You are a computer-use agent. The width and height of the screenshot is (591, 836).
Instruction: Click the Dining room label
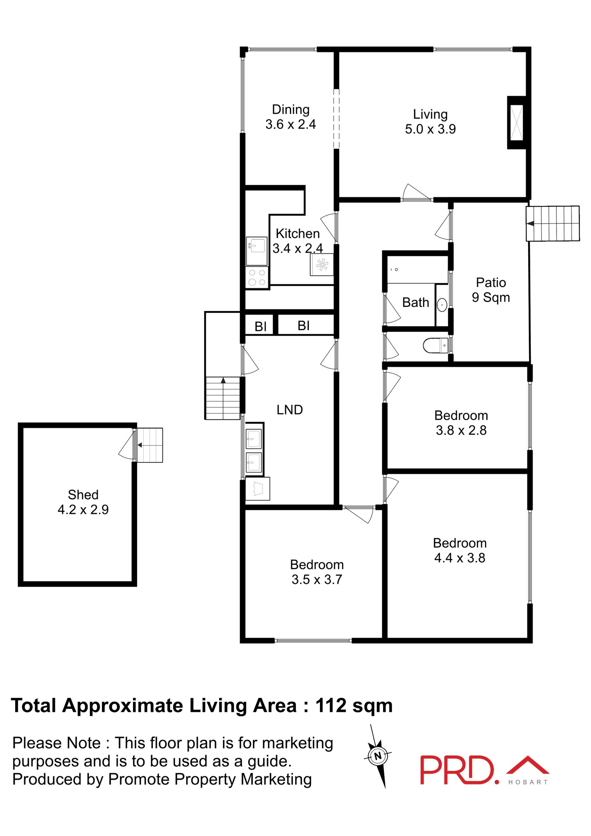point(290,109)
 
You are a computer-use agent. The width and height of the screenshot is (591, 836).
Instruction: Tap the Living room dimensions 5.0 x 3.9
point(430,129)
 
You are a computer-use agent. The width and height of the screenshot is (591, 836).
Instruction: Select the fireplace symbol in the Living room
point(516,123)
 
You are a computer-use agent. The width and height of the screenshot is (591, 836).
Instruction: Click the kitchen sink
point(256,251)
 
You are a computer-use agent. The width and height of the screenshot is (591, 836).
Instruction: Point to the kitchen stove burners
point(257,277)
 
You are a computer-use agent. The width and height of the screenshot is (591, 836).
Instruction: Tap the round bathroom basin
point(442,305)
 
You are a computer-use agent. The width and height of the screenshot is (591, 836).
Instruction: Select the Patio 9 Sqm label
point(491,290)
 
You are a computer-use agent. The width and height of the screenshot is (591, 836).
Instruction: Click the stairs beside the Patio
point(553,223)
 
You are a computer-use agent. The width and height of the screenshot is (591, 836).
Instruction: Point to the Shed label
point(83,495)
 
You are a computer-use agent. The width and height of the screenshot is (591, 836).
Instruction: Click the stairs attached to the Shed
point(149,445)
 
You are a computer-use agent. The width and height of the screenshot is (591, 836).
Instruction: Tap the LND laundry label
point(290,410)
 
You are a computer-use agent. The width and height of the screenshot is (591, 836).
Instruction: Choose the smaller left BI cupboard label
point(260,327)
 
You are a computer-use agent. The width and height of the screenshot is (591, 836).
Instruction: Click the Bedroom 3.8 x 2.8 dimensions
point(461,430)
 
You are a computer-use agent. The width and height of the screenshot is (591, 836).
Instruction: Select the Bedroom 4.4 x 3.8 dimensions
point(460,558)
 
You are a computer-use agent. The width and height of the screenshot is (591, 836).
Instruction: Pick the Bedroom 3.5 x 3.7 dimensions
point(317,579)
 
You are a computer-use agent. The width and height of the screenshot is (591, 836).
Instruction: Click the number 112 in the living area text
point(331,706)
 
